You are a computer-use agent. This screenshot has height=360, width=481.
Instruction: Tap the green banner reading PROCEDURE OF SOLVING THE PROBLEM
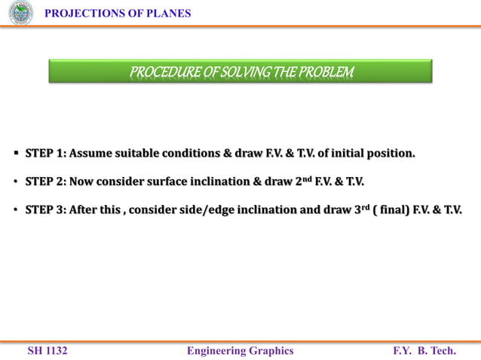coord(240,72)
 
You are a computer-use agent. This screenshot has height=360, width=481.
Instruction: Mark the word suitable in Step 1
coord(142,154)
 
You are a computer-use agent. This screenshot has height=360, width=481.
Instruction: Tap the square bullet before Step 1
coord(16,154)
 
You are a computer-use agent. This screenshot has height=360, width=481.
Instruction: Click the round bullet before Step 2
coord(16,182)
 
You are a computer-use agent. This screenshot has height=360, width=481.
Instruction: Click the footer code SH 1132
coord(47,350)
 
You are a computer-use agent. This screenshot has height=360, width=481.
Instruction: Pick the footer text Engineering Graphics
coord(240,350)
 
